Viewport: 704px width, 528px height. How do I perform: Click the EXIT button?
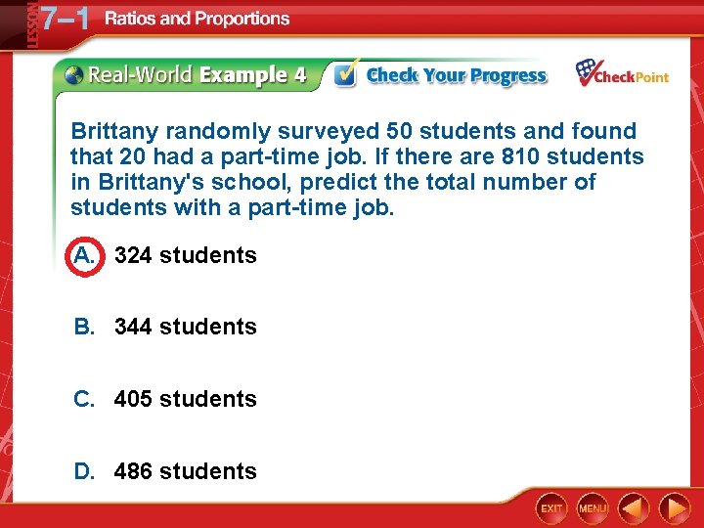(552, 508)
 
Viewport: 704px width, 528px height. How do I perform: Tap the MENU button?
(593, 508)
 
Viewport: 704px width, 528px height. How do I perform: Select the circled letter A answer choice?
(83, 256)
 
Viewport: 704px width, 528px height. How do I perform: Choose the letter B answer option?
(84, 328)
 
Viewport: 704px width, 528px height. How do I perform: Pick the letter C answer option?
(84, 399)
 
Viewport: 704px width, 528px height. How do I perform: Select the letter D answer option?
(84, 471)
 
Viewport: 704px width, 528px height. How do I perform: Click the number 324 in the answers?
(133, 256)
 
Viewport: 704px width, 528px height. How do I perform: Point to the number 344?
(133, 328)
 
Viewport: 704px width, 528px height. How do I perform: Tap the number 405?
(133, 399)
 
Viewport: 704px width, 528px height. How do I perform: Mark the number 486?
(133, 471)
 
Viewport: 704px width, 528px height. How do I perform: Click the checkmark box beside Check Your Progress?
(344, 75)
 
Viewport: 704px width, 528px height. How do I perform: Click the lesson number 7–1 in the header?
(62, 20)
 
